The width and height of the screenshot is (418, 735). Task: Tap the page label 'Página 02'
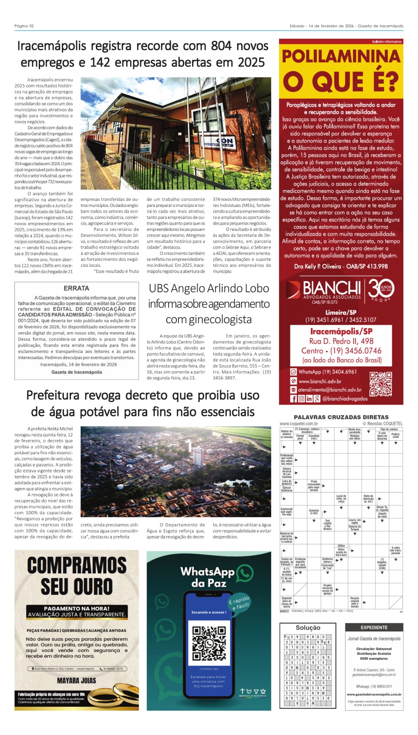click(24, 26)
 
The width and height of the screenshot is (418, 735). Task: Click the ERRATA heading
click(76, 288)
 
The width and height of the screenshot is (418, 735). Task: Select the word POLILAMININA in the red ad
click(341, 57)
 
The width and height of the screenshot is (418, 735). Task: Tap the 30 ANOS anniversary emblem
click(381, 289)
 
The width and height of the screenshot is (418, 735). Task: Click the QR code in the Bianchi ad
click(381, 382)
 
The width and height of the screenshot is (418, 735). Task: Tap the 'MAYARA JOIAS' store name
click(77, 680)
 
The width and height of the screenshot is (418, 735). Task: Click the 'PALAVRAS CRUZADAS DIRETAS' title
click(341, 417)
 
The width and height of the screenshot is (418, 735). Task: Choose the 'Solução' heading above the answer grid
click(308, 628)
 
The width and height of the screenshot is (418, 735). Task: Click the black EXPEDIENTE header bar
click(374, 628)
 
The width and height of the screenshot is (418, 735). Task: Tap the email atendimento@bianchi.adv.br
click(330, 390)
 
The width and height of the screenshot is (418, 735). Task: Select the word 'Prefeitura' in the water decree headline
click(53, 395)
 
